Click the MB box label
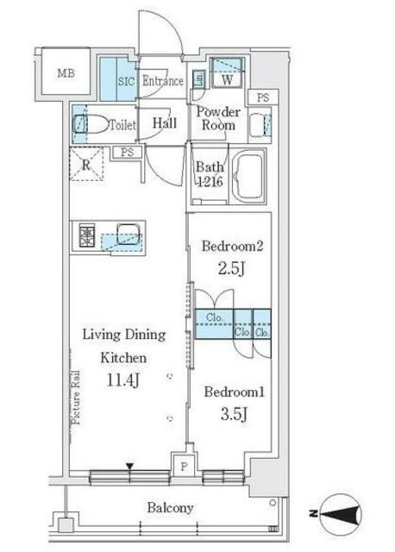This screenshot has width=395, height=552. [66, 73]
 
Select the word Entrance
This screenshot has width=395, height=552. [162, 82]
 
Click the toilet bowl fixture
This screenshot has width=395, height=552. [93, 124]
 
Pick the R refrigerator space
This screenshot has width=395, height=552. [86, 166]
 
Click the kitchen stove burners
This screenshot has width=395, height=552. [88, 234]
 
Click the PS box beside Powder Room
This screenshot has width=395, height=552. [261, 97]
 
